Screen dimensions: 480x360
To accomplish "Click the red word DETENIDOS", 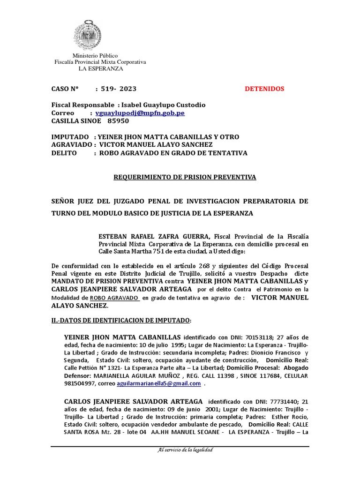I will pyautogui.click(x=264, y=89).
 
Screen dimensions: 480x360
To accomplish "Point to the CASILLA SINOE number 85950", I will pyautogui.click(x=118, y=121).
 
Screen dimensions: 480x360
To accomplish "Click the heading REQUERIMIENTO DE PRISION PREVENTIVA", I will pyautogui.click(x=186, y=177).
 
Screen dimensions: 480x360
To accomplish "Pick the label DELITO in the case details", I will pyautogui.click(x=64, y=153).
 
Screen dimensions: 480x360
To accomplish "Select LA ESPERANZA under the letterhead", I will pyautogui.click(x=100, y=68).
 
